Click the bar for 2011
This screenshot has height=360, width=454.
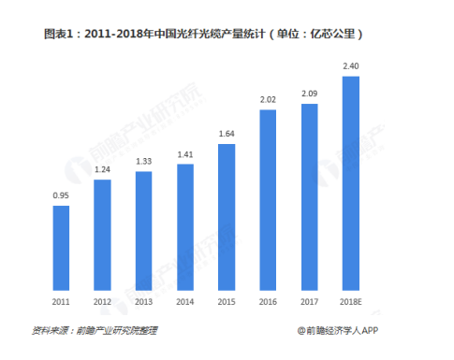[x=61, y=248]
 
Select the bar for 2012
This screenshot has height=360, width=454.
[x=102, y=236]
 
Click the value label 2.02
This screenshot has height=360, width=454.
[x=267, y=100]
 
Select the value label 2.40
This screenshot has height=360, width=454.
[x=350, y=66]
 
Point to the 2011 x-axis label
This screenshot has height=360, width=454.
[x=61, y=300]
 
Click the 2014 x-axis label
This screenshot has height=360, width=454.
[x=184, y=300]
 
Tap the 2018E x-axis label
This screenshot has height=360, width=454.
[x=350, y=300]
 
